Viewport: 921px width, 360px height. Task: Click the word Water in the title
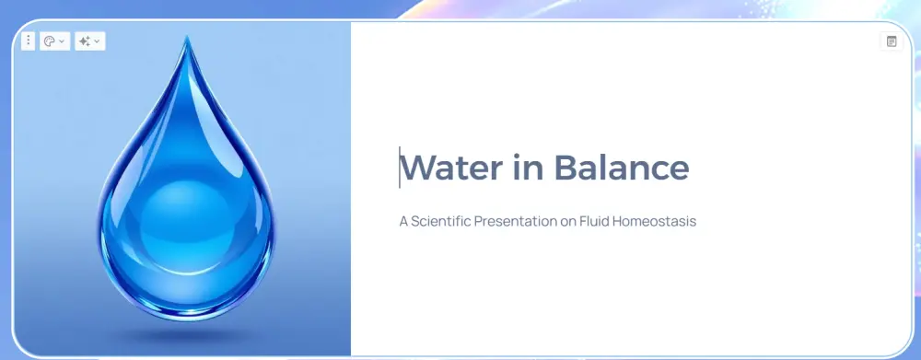[x=451, y=168]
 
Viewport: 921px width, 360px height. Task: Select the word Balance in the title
[x=622, y=168]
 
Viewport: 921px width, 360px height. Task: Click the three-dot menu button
[x=29, y=41]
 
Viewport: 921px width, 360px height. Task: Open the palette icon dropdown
[x=54, y=41]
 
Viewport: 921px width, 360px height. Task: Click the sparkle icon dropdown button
[x=90, y=41]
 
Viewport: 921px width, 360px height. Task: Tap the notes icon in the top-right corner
[x=892, y=41]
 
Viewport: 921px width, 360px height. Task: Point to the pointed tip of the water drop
[x=187, y=37]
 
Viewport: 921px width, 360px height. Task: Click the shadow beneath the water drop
[x=187, y=335]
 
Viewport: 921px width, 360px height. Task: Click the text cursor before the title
[x=400, y=168]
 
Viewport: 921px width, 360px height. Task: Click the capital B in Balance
[x=565, y=168]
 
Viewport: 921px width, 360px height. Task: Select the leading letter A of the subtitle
[x=403, y=221]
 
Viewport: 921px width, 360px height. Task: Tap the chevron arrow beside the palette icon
[x=62, y=41]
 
